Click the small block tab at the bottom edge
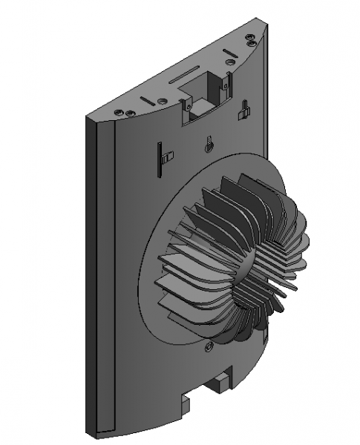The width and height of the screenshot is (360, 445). pyautogui.click(x=220, y=382)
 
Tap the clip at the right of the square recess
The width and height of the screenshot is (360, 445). pyautogui.click(x=242, y=110)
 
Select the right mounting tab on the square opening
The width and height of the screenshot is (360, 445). pyautogui.click(x=225, y=83)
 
